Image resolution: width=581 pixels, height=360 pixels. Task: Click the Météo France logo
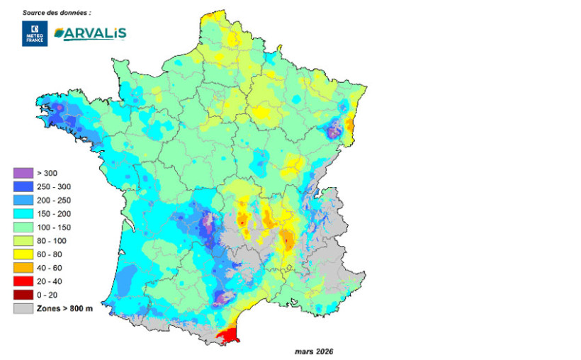34,34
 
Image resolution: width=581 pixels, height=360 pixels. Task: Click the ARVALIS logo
90,33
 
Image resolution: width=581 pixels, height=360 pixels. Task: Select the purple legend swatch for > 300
23,173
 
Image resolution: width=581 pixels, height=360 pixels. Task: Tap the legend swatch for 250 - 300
23,186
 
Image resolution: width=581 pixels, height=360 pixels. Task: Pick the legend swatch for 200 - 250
23,200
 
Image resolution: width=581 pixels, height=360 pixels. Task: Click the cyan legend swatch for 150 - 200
23,213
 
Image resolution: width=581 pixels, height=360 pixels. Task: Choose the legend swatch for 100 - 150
23,227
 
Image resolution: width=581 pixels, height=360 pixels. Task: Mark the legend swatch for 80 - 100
23,241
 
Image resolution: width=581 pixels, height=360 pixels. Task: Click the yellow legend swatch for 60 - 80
23,254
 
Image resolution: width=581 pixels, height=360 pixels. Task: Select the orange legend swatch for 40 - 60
23,268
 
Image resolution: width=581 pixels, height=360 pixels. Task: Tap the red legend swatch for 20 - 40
23,281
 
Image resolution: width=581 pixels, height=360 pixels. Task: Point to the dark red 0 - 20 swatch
23,295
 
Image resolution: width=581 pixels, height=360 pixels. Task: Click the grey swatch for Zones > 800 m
23,308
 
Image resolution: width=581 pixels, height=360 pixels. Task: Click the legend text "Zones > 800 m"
64,308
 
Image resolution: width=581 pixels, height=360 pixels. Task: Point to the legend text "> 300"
46,173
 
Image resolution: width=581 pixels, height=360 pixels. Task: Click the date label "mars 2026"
313,351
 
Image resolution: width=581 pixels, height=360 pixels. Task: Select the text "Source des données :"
57,13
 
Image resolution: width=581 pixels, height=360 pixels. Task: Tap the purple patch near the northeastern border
332,130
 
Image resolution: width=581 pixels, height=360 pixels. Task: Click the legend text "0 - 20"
47,295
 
